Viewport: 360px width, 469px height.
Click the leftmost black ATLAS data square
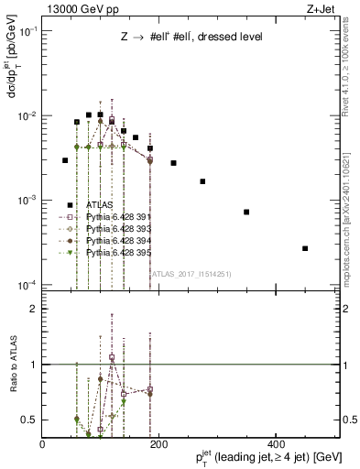click(65, 160)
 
